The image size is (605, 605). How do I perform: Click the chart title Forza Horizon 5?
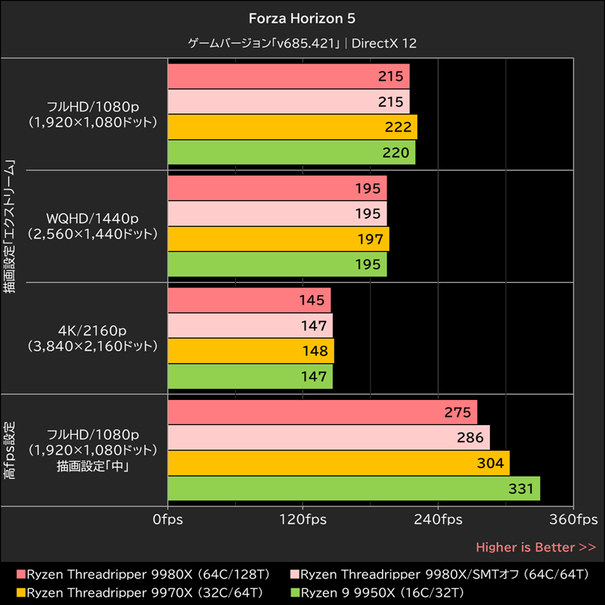click(x=302, y=17)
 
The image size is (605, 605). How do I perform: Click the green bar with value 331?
click(x=353, y=488)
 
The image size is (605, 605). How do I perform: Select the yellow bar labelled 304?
click(x=338, y=463)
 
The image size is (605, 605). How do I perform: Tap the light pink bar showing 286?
click(x=328, y=437)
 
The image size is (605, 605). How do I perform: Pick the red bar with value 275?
click(x=322, y=412)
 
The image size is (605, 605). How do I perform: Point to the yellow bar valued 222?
click(x=292, y=127)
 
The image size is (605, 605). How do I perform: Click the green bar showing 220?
click(x=291, y=152)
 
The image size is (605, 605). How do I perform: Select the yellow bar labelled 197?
click(x=278, y=239)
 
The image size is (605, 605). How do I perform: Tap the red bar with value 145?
click(x=249, y=300)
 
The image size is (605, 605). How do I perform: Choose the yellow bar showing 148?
click(x=250, y=351)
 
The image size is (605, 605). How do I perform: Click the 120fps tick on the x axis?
click(x=302, y=520)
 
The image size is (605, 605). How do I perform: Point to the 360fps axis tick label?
click(x=573, y=520)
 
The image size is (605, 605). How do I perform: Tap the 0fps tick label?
click(x=167, y=520)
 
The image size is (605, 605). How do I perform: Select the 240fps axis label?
click(x=439, y=520)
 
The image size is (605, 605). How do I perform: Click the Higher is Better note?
click(x=535, y=547)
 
